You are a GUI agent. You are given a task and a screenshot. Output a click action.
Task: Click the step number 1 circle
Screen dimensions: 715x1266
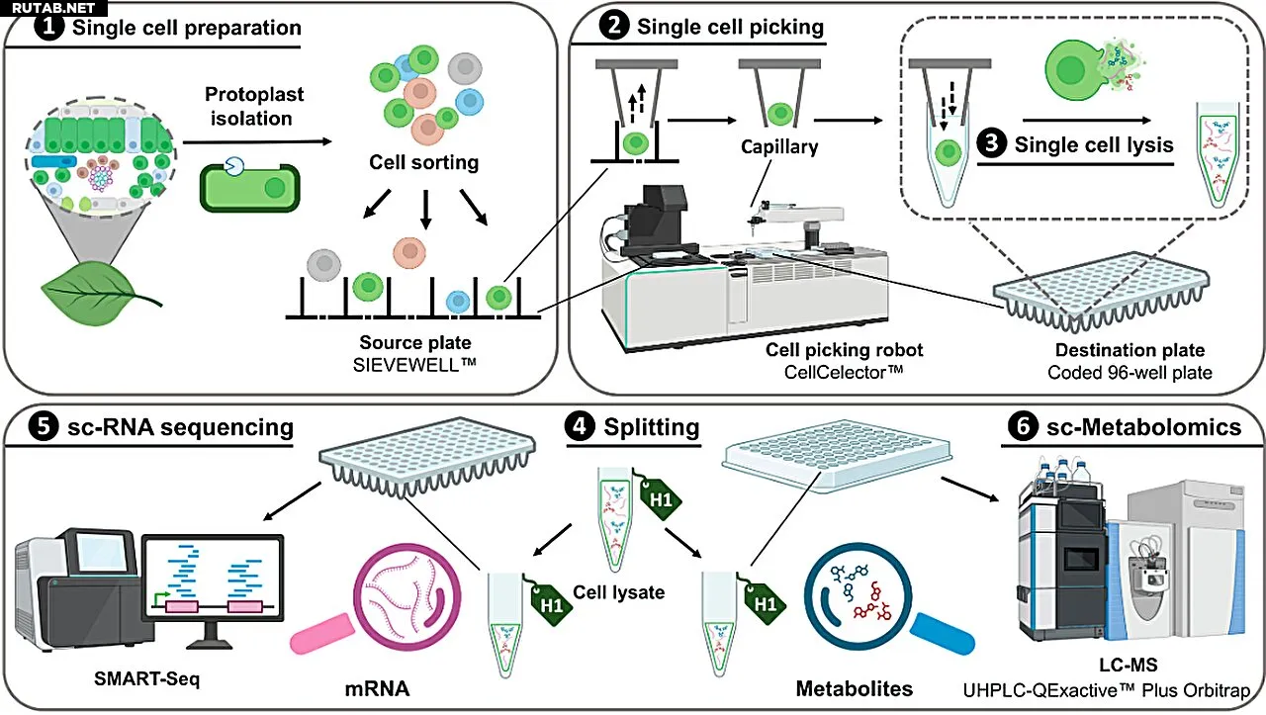click(x=46, y=27)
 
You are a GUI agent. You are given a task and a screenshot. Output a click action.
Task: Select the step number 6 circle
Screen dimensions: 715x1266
click(x=1020, y=427)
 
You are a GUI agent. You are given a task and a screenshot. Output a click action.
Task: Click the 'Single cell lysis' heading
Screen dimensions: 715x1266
click(x=1093, y=145)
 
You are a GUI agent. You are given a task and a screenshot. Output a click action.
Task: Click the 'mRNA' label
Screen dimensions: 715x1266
click(x=377, y=686)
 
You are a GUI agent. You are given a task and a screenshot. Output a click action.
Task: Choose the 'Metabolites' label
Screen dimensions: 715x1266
click(x=855, y=686)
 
